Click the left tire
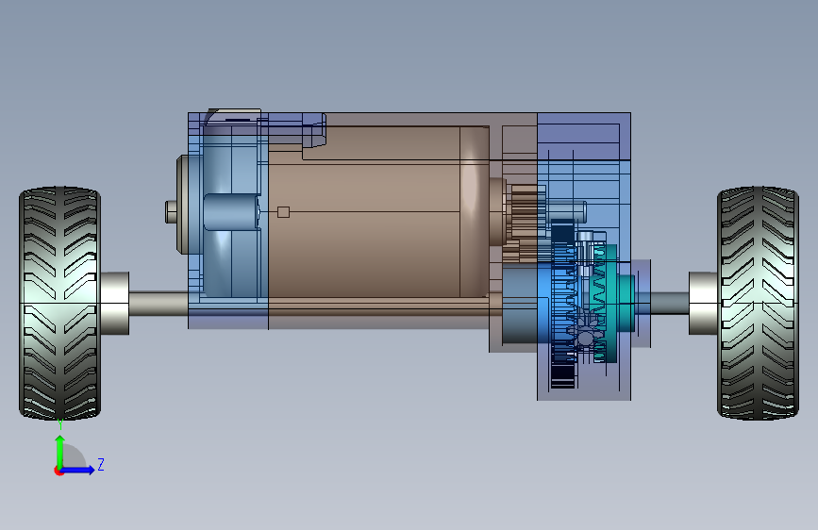pyautogui.click(x=59, y=303)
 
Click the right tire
pyautogui.click(x=758, y=303)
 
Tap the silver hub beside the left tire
pyautogui.click(x=115, y=303)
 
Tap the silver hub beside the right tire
pyautogui.click(x=703, y=303)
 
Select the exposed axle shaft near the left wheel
pyautogui.click(x=159, y=304)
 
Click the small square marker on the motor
pyautogui.click(x=283, y=212)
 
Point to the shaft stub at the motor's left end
pyautogui.click(x=171, y=212)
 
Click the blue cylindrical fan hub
pyautogui.click(x=232, y=212)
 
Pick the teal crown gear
pyautogui.click(x=605, y=304)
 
